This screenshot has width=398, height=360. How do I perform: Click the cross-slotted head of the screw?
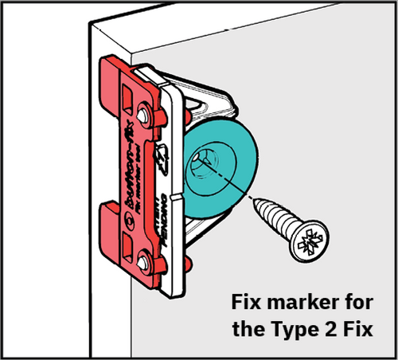308,240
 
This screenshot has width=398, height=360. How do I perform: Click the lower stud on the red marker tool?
145,257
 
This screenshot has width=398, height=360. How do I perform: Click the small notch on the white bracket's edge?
173,195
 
